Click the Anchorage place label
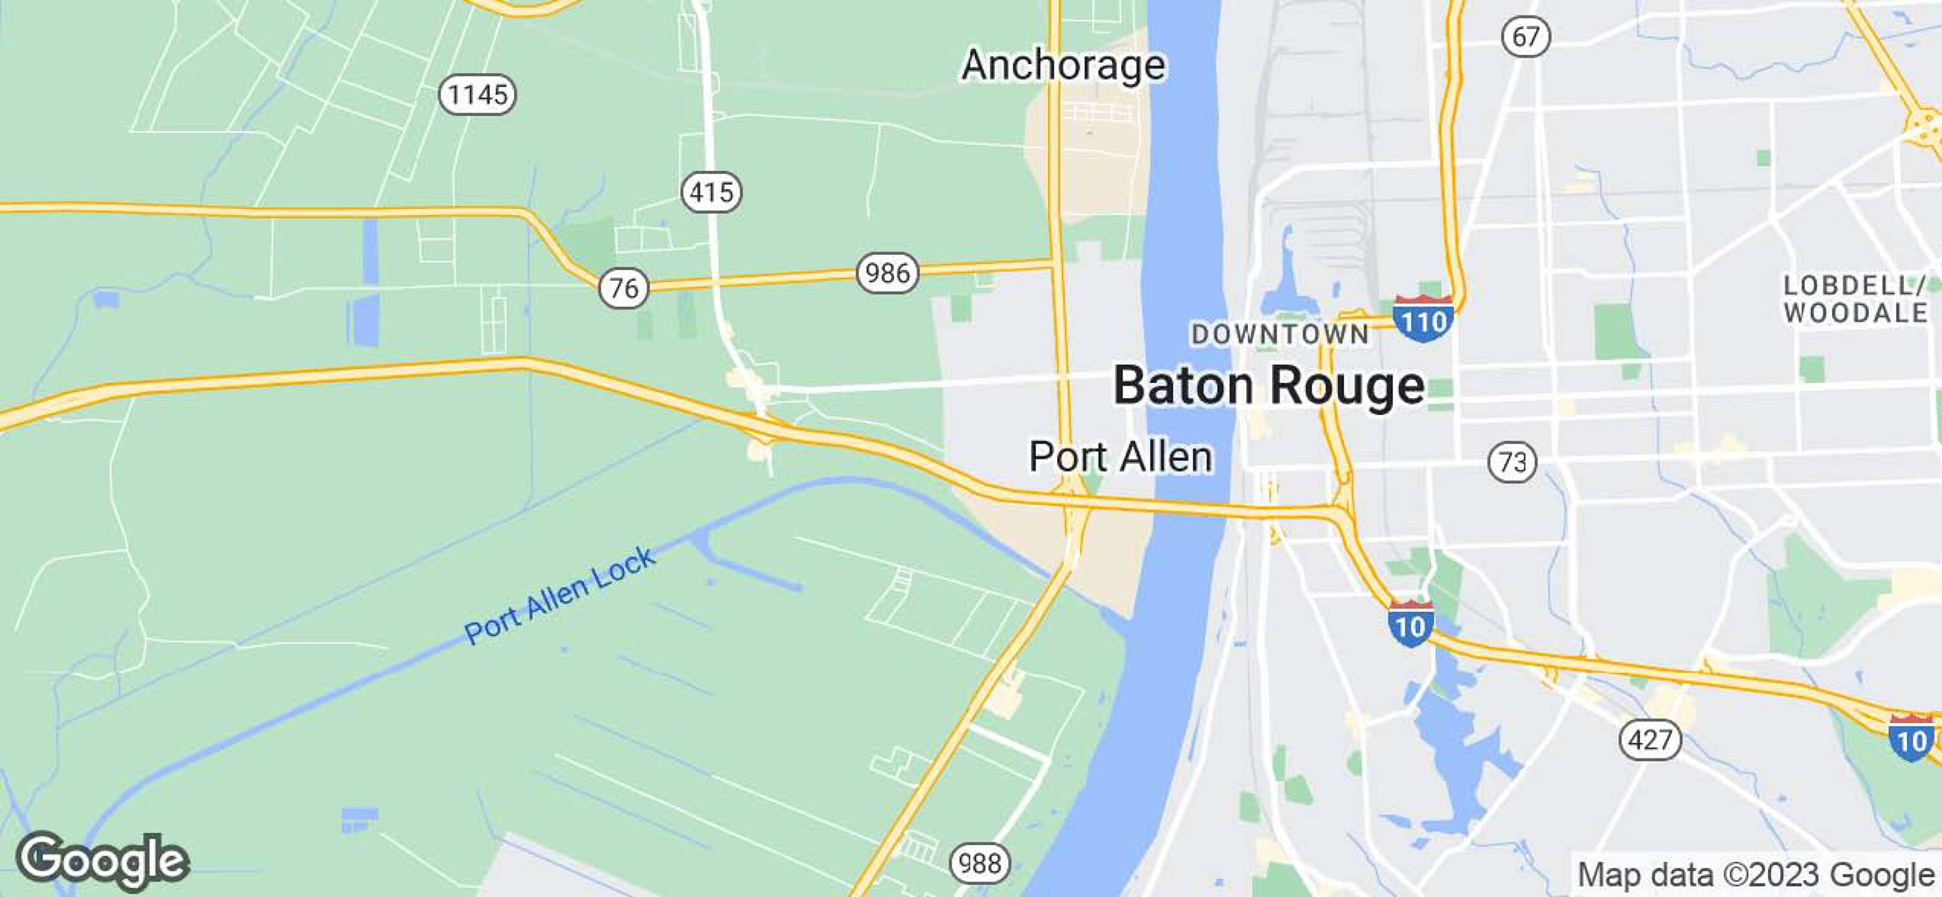(x=1063, y=65)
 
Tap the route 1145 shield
(x=477, y=95)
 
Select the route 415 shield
(x=711, y=192)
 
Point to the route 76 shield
(x=623, y=288)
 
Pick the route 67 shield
(x=1526, y=37)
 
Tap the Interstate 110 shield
(x=1423, y=320)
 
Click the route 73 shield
(x=1512, y=461)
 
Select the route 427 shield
(x=1650, y=740)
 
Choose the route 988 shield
(x=979, y=863)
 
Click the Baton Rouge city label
(x=1269, y=386)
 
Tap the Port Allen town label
(x=1121, y=457)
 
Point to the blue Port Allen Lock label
(x=559, y=595)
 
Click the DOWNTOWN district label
(x=1280, y=334)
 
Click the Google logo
(x=102, y=860)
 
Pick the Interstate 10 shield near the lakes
(x=1410, y=624)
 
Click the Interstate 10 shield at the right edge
(x=1911, y=738)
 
